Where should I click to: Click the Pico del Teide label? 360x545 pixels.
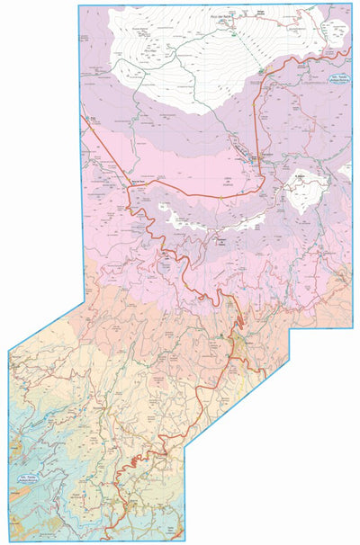(219, 15)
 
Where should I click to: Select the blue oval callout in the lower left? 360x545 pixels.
(32, 478)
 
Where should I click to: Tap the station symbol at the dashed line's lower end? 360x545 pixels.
(261, 70)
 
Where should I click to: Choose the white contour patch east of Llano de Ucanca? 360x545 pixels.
(306, 188)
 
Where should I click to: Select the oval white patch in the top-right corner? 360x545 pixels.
(337, 33)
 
